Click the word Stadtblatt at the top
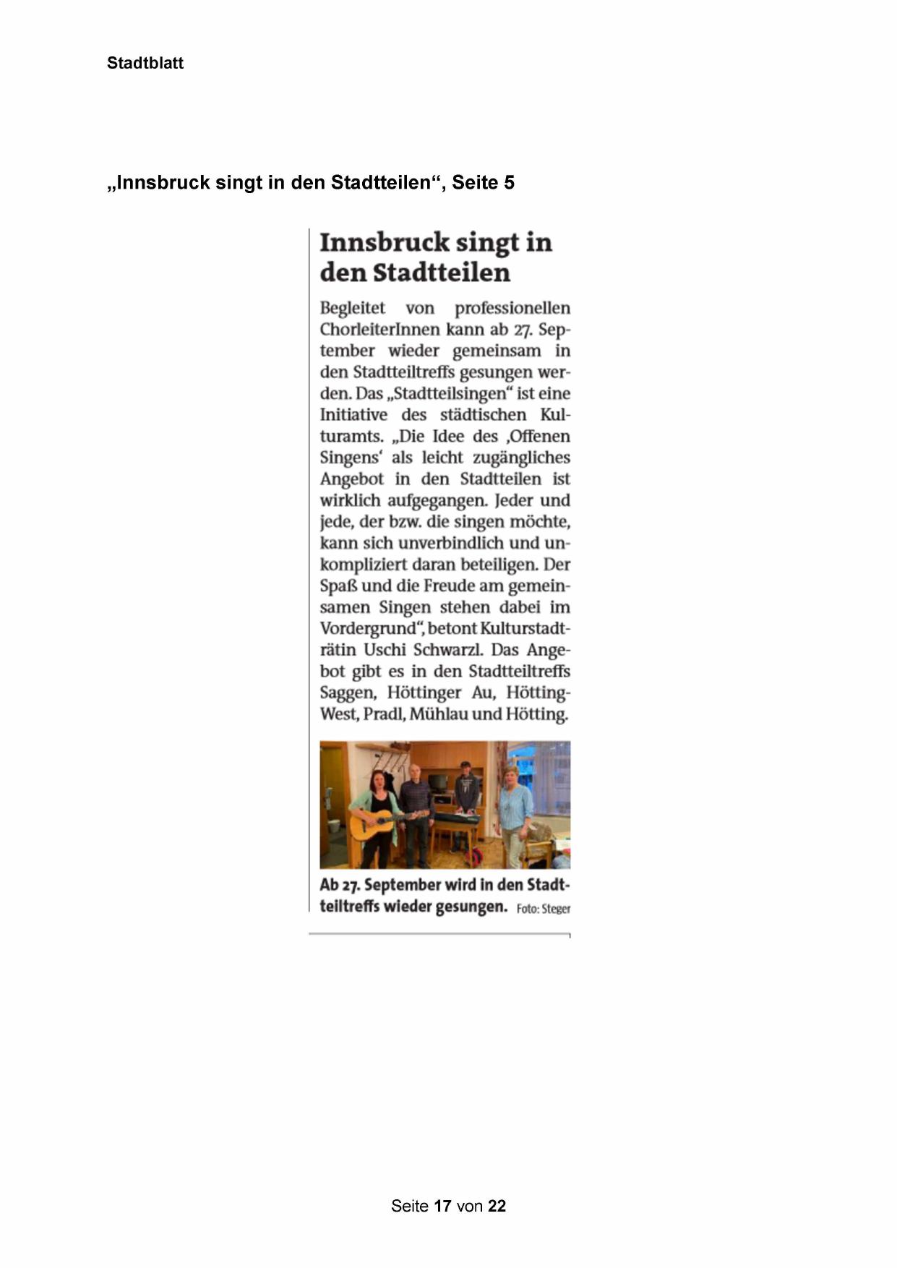point(145,63)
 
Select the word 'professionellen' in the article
point(512,308)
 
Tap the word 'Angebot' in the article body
point(351,479)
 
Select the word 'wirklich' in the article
point(351,500)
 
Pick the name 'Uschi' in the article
point(385,650)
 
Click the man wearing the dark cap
point(467,788)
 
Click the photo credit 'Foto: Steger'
point(543,909)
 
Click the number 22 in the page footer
point(497,1206)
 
